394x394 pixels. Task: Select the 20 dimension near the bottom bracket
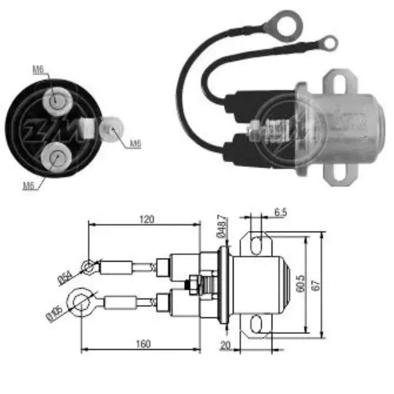click(x=226, y=345)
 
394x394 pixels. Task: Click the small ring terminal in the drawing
click(x=89, y=267)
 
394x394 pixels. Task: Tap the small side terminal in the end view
click(x=111, y=130)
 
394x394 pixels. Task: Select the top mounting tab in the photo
click(x=339, y=80)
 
